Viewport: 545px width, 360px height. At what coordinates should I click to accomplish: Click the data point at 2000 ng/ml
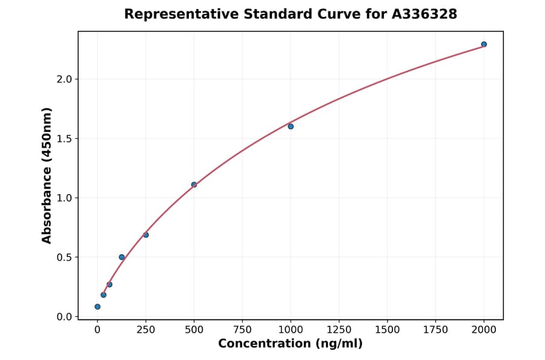[x=484, y=44]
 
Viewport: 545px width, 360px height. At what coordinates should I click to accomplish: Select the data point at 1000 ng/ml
[x=291, y=126]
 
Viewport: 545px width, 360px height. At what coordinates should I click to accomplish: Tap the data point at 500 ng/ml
[x=194, y=185]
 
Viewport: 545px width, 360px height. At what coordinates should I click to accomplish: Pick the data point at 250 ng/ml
[x=146, y=235]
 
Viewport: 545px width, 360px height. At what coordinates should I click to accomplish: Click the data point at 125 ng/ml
[x=122, y=257]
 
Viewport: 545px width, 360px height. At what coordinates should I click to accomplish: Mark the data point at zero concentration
[x=97, y=307]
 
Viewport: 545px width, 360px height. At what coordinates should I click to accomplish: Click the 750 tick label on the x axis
[x=242, y=330]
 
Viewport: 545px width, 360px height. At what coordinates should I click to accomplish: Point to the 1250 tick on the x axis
[x=339, y=330]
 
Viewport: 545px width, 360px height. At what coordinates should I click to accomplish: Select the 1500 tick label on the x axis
[x=388, y=330]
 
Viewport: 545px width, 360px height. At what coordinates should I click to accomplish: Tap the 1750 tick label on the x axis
[x=436, y=330]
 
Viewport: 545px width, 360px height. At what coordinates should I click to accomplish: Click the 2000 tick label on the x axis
[x=484, y=330]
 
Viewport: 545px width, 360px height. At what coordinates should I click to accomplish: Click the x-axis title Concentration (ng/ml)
[x=291, y=344]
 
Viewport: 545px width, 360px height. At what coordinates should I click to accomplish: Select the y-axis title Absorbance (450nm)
[x=47, y=175]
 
